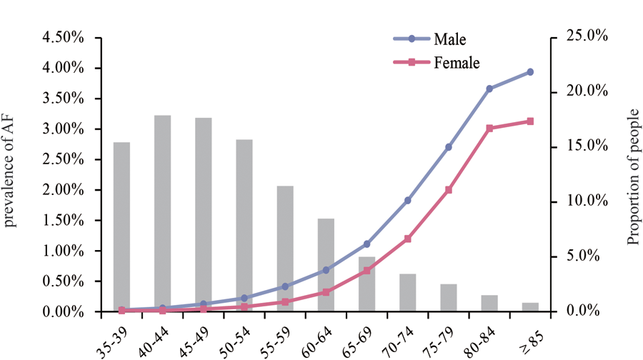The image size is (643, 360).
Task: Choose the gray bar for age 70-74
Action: [407, 292]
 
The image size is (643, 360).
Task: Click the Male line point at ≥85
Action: [529, 72]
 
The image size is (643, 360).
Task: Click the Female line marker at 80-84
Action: [489, 129]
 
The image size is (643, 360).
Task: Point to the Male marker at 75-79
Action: [449, 147]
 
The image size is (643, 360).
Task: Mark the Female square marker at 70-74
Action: [408, 239]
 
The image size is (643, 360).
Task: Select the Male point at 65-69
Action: [367, 244]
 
